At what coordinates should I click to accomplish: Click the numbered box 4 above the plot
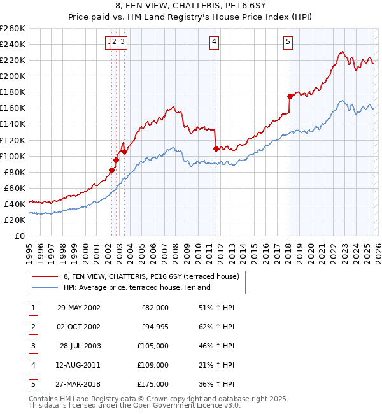[x=215, y=43]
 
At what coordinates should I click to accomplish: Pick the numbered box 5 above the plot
[x=288, y=43]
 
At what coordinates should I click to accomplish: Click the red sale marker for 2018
[x=290, y=96]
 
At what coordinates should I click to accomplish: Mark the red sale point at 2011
[x=216, y=148]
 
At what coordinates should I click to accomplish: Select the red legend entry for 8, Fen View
[x=151, y=276]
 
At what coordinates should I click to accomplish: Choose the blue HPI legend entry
[x=137, y=287]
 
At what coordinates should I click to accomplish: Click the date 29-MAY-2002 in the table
[x=78, y=307]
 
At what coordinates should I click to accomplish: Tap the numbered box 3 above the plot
[x=122, y=43]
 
